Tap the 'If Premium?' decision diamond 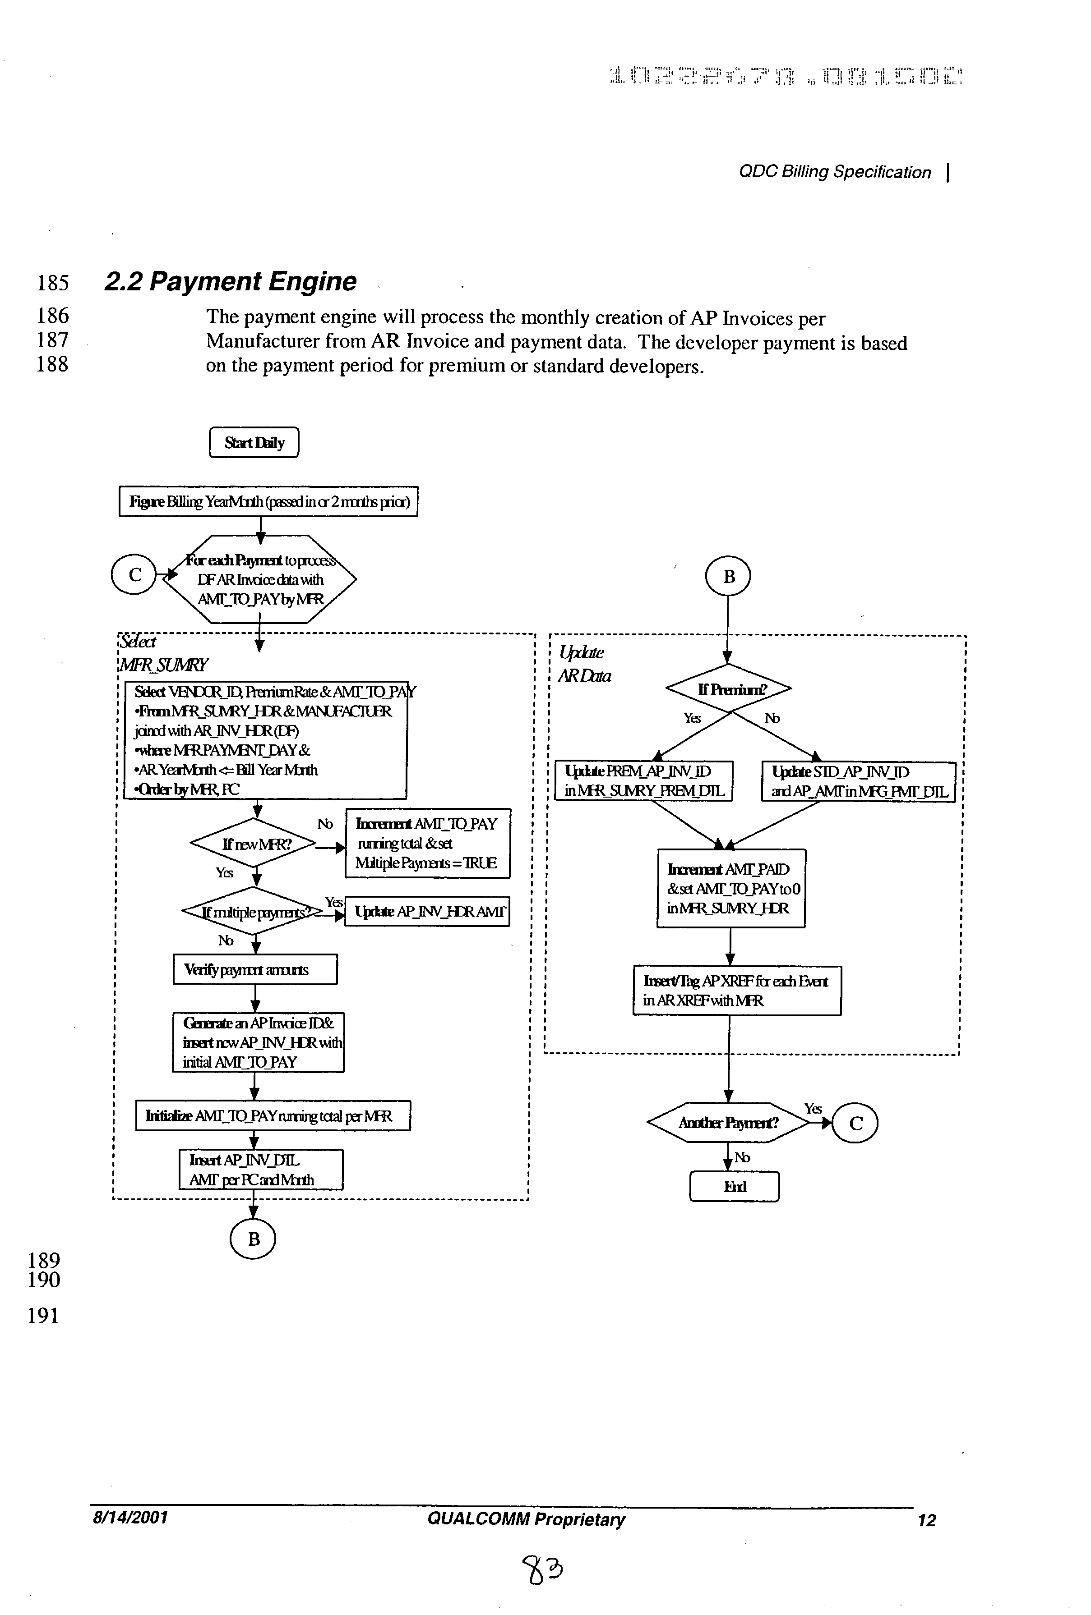pyautogui.click(x=728, y=688)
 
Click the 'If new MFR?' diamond pyautogui.click(x=256, y=844)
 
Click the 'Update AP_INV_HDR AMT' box pyautogui.click(x=427, y=912)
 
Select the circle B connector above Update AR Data pyautogui.click(x=728, y=576)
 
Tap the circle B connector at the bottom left pyautogui.click(x=253, y=1239)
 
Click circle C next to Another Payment pyautogui.click(x=855, y=1124)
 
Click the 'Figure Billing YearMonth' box pyautogui.click(x=268, y=501)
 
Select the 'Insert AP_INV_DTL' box pyautogui.click(x=261, y=1170)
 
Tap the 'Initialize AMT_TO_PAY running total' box pyautogui.click(x=273, y=1116)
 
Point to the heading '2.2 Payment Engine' pyautogui.click(x=230, y=281)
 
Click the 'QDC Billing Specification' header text pyautogui.click(x=834, y=172)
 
